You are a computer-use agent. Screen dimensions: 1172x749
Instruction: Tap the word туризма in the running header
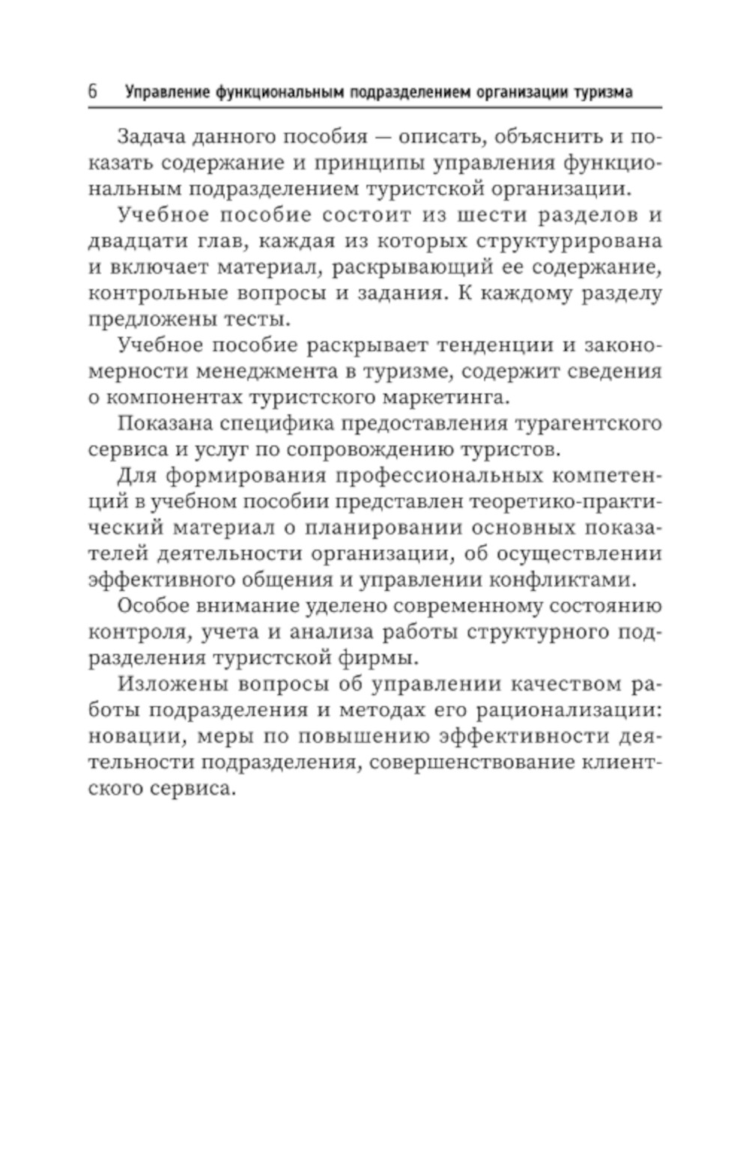click(x=604, y=92)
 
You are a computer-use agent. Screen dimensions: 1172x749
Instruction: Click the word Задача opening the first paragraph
click(x=151, y=137)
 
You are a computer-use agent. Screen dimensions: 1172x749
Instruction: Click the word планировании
click(x=383, y=528)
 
